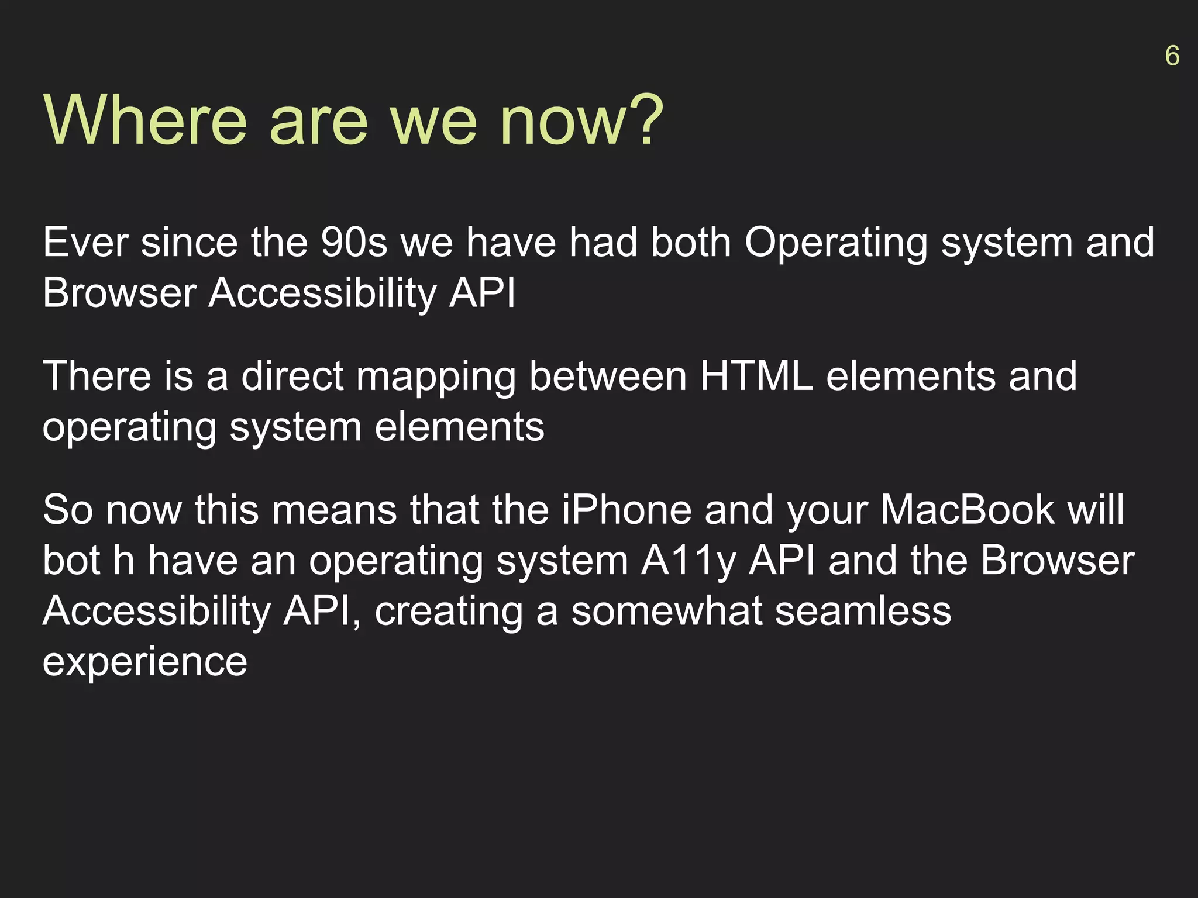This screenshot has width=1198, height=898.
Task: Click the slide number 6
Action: click(x=1172, y=56)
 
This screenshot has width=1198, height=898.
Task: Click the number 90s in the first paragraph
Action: click(x=354, y=243)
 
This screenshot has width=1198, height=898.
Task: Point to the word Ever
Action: click(x=85, y=243)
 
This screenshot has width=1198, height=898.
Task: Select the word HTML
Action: click(x=756, y=376)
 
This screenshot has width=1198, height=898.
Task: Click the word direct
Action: click(x=292, y=376)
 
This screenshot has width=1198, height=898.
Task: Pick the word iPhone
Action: click(x=626, y=510)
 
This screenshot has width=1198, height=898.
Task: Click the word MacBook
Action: click(x=968, y=510)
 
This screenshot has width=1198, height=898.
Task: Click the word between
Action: click(x=608, y=376)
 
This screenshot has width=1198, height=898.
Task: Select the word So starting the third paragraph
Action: click(x=68, y=510)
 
